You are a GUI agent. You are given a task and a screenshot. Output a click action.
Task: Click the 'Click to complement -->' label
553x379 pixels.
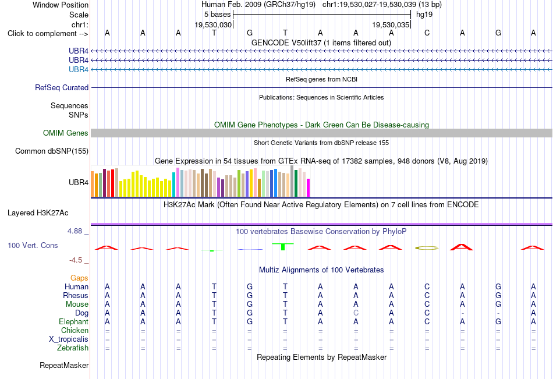click(48, 34)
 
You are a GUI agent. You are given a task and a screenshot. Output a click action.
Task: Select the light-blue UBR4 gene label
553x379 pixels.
click(79, 69)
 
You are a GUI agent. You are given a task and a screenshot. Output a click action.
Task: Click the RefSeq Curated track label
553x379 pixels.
click(62, 87)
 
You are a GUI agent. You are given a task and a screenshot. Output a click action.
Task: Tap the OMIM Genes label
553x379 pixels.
click(66, 133)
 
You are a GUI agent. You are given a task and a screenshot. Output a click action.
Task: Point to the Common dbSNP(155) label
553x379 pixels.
click(52, 151)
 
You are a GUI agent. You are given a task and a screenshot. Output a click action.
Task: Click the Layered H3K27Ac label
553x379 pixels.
click(38, 213)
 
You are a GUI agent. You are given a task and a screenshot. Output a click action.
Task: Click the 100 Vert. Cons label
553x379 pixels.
click(33, 245)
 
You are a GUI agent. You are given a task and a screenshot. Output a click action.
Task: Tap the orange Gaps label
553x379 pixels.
click(79, 278)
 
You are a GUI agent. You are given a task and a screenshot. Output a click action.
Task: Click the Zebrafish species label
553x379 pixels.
click(73, 348)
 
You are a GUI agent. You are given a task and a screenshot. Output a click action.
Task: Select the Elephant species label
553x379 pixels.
click(74, 322)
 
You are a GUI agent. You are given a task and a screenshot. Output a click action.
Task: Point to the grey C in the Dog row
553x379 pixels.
click(356, 313)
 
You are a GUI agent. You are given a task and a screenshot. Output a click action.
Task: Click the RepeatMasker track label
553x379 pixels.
click(64, 365)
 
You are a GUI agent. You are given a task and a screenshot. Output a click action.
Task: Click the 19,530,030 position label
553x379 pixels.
click(214, 24)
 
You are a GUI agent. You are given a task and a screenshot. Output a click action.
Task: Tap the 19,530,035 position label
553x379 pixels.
click(391, 24)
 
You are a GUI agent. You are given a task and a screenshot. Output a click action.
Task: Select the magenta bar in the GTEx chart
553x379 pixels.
click(309, 187)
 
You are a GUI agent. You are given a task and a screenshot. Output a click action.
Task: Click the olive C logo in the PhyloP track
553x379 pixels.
click(427, 248)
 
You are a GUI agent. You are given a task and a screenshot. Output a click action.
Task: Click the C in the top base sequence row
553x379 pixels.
click(427, 33)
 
